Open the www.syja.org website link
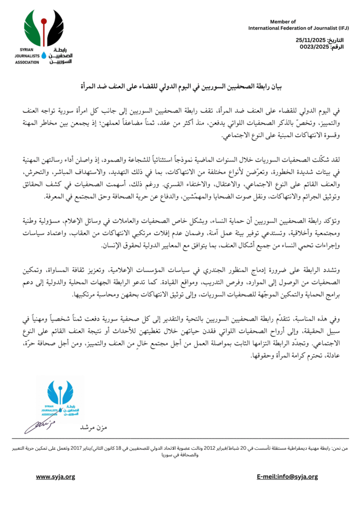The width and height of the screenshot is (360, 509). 55,477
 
